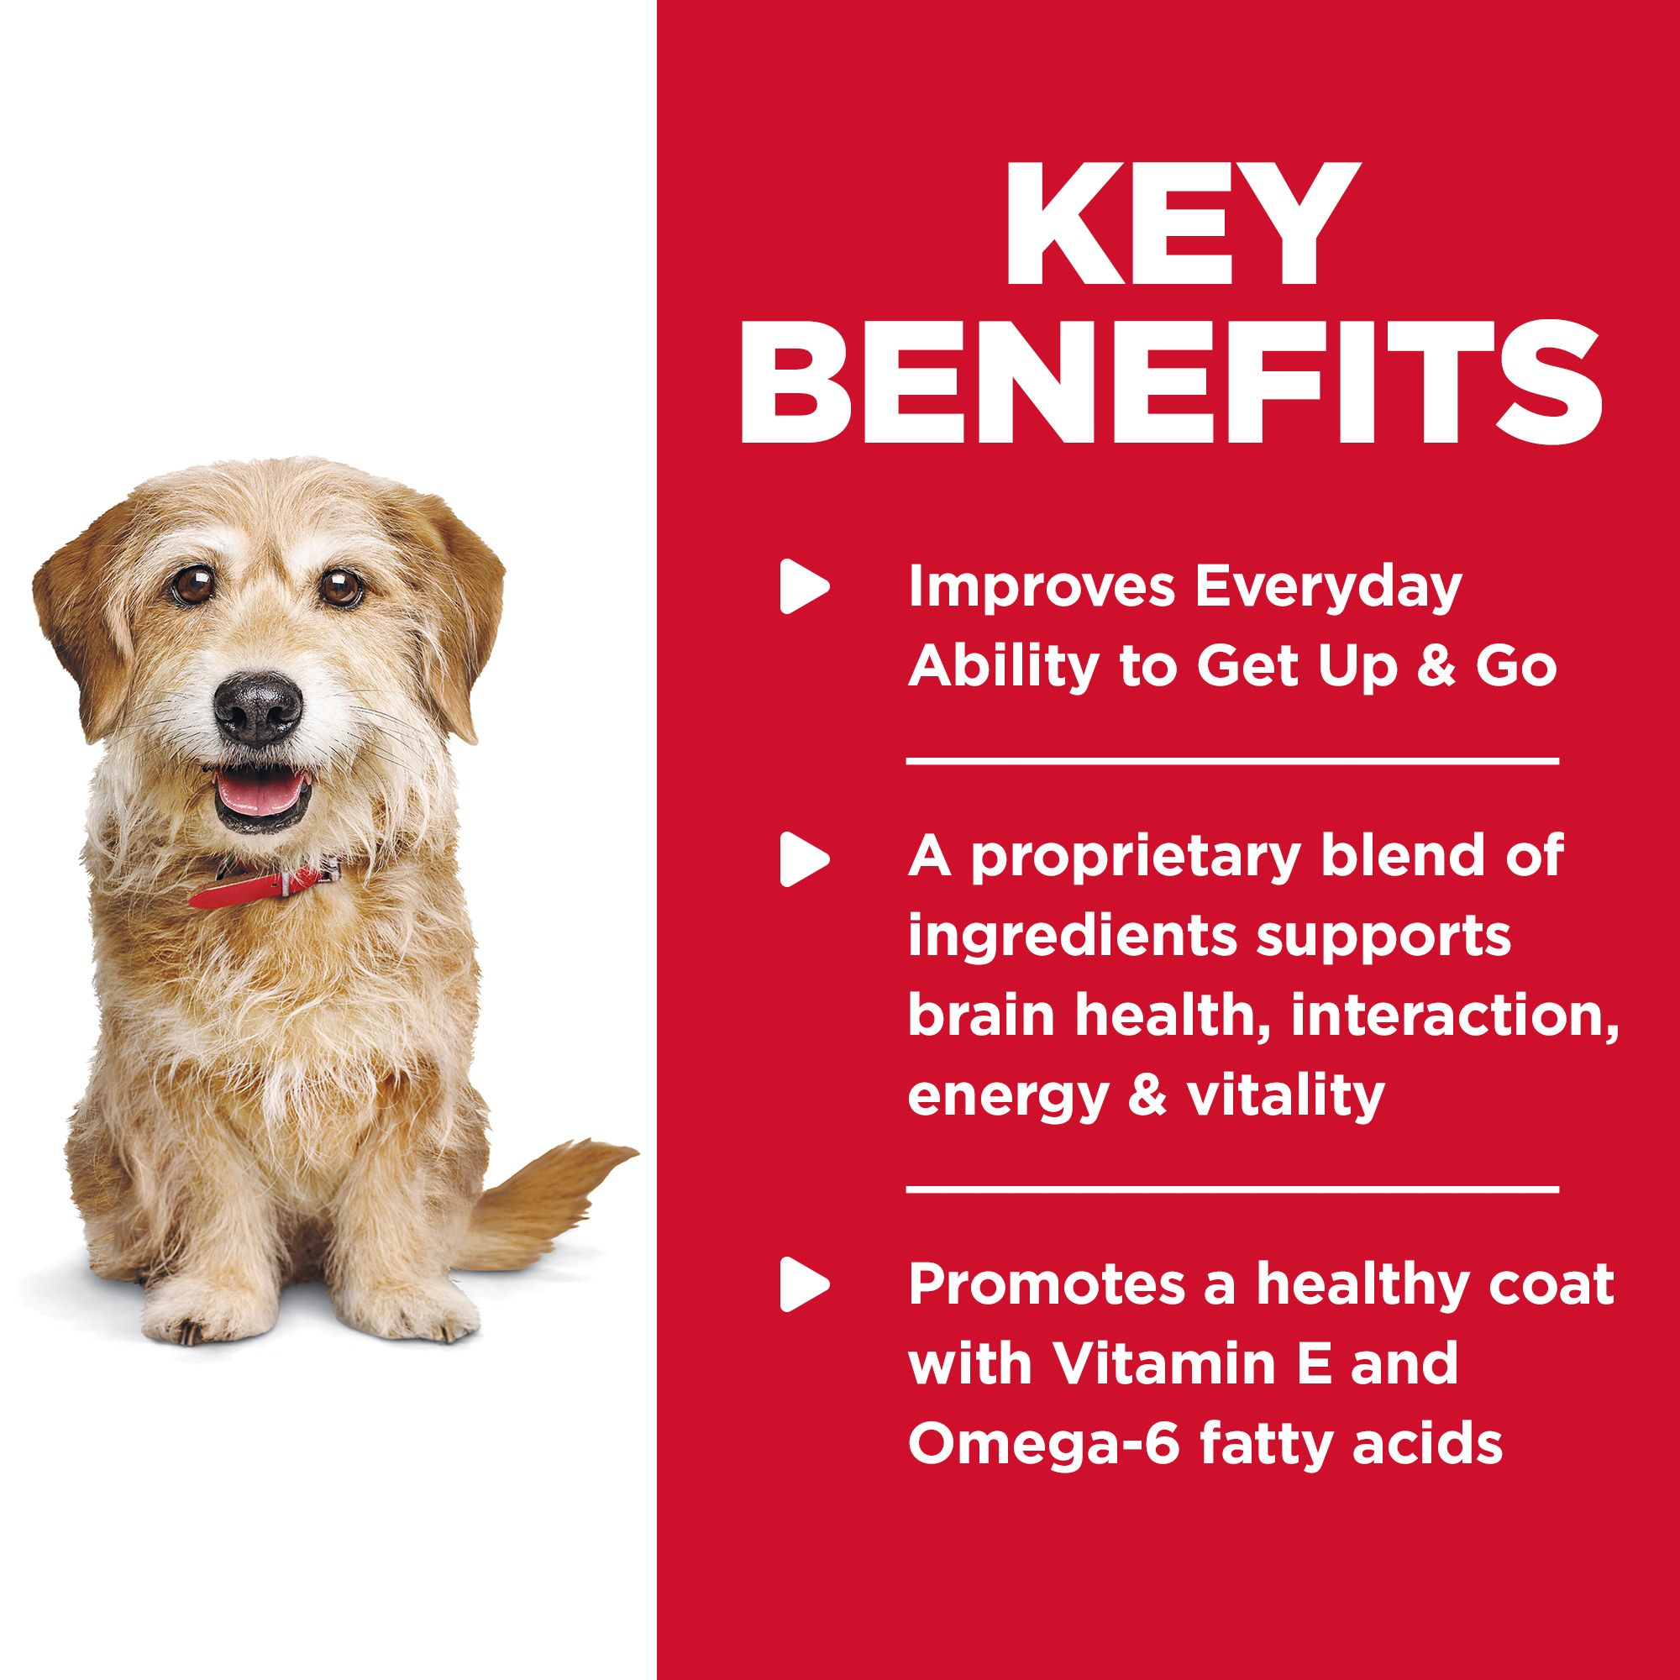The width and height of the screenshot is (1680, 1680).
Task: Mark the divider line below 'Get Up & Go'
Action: [1231, 761]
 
